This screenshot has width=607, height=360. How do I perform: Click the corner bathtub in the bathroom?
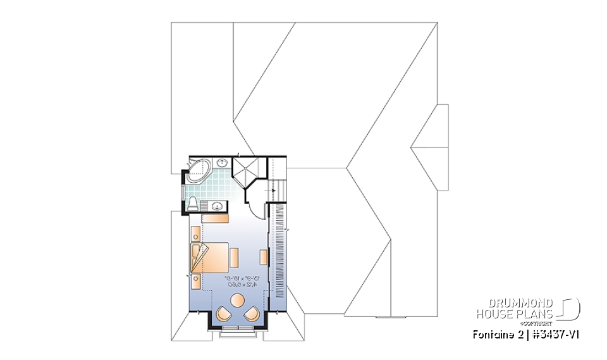[x=198, y=170]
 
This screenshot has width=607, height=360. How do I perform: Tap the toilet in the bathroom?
[x=193, y=203]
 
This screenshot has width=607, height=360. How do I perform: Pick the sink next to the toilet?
[x=217, y=206]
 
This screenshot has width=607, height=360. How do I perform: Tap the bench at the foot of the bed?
[x=235, y=258]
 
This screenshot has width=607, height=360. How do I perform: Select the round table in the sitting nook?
[x=238, y=300]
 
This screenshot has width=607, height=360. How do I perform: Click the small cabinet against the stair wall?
[x=263, y=257]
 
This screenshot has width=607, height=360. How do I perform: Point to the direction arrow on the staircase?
[x=274, y=189]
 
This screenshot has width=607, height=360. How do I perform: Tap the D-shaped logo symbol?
[x=571, y=308]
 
